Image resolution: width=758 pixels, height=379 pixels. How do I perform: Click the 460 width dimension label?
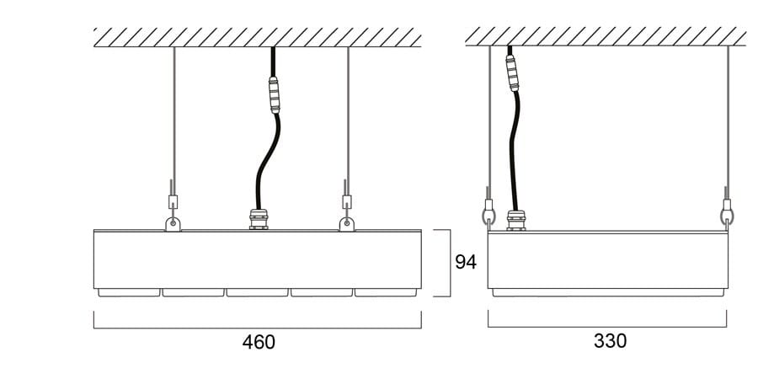coord(259,342)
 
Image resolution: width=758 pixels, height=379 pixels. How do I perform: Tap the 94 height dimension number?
coord(466,262)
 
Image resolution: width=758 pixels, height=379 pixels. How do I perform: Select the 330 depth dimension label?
coord(610,341)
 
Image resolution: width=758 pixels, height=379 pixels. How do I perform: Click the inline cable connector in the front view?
coord(274,94)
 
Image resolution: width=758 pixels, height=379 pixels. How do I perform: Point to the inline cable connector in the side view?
coord(512,73)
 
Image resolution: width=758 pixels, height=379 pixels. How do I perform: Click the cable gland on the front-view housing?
coord(259,219)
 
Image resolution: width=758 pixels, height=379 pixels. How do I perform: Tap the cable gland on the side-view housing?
coord(516,221)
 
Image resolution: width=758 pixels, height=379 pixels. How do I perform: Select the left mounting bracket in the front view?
coord(173,224)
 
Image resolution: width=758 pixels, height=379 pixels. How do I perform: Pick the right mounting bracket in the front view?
coord(346,224)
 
